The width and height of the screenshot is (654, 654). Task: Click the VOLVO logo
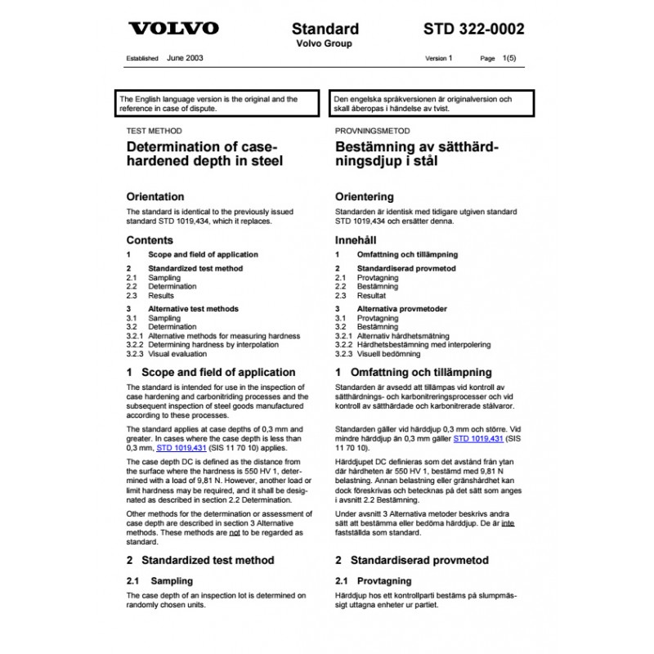174,29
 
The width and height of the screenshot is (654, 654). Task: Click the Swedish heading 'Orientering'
365,197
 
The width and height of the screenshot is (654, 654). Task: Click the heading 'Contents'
150,240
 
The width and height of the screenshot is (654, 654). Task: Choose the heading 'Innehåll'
358,240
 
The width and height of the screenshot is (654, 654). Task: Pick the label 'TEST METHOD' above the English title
154,130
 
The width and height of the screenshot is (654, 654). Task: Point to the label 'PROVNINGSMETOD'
373,130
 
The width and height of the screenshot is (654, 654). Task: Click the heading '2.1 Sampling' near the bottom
159,580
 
